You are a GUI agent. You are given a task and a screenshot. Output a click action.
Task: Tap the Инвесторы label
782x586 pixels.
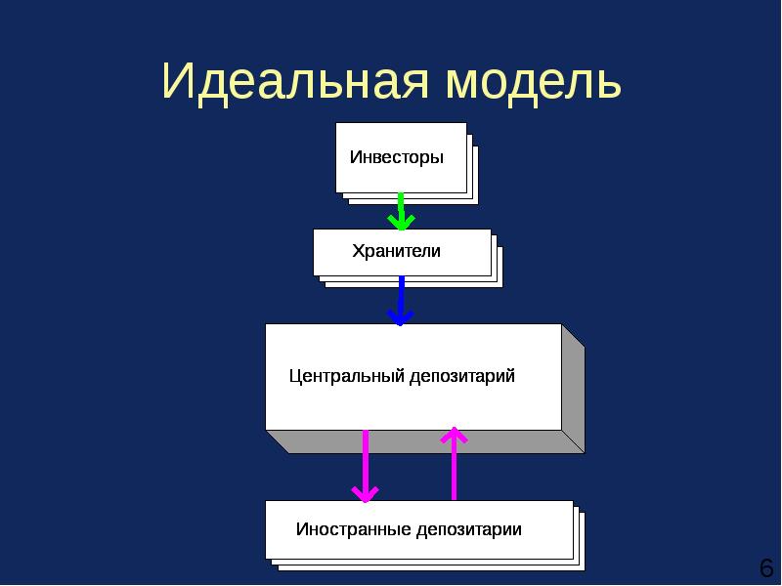(396, 157)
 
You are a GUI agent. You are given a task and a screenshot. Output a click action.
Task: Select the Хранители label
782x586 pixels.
(396, 251)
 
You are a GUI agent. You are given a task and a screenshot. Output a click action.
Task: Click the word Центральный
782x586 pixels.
(347, 376)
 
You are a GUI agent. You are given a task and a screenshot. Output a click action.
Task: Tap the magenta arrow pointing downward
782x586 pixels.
(366, 464)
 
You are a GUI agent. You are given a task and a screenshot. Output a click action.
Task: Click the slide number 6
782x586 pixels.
(765, 567)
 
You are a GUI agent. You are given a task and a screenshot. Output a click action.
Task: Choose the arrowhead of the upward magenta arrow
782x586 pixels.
(455, 435)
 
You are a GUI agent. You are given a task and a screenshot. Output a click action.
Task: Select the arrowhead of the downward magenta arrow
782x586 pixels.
(366, 494)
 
